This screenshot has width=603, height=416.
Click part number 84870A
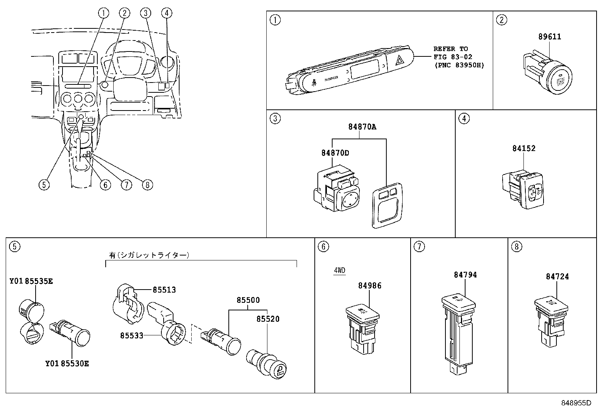point(362,127)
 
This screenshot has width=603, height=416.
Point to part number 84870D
point(335,153)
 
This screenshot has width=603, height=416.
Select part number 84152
point(524,148)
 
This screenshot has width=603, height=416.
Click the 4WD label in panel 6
point(339,270)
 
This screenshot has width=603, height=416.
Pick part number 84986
point(370,286)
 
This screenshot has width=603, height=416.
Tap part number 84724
point(557,277)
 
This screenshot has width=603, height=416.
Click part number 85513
point(164,290)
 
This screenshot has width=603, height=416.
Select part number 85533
point(132,335)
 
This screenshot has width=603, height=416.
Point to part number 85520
point(268,319)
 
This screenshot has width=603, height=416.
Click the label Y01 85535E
point(31,281)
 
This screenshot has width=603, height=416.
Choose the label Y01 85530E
point(67,363)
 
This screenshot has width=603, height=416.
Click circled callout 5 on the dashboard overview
point(44,184)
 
